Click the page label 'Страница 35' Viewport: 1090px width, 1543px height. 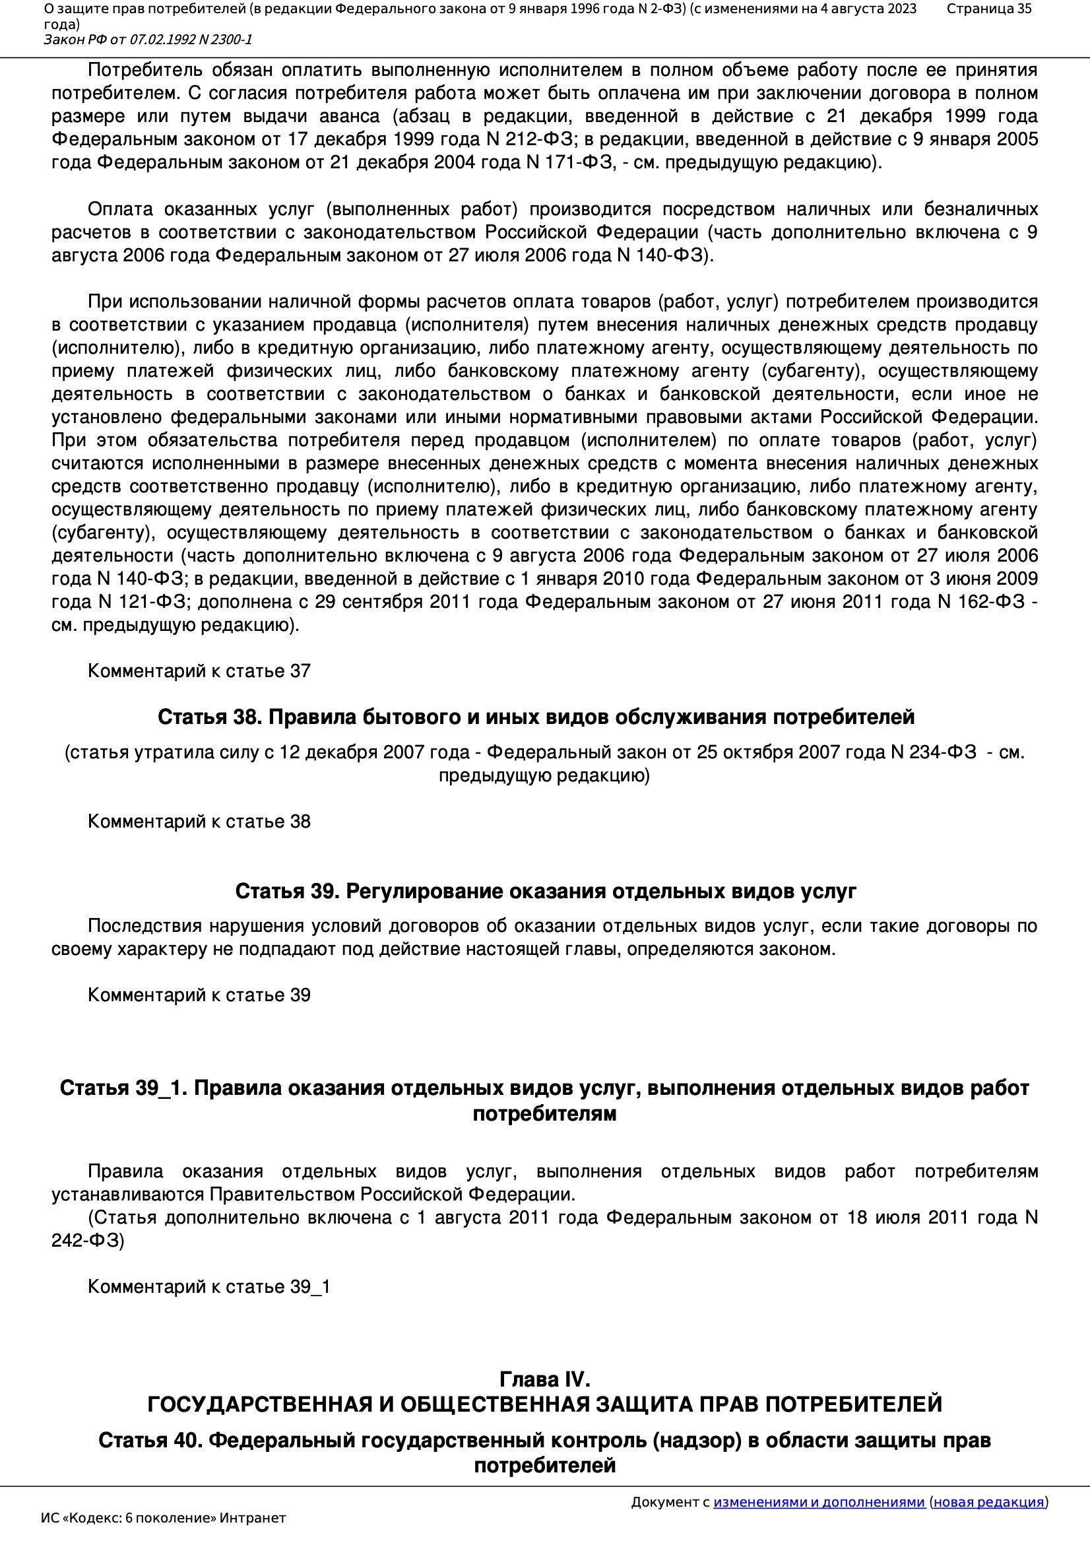(988, 9)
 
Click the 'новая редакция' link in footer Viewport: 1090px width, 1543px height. (988, 1502)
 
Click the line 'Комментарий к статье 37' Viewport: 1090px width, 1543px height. (199, 671)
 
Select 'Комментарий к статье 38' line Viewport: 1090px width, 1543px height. (199, 821)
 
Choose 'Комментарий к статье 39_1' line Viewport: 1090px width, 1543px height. (208, 1286)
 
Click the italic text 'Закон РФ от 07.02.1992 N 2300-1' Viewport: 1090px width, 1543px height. (148, 40)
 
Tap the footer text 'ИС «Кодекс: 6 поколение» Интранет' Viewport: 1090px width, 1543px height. (163, 1518)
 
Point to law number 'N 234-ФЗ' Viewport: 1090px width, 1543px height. (933, 752)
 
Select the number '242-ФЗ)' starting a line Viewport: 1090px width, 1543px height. (88, 1241)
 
